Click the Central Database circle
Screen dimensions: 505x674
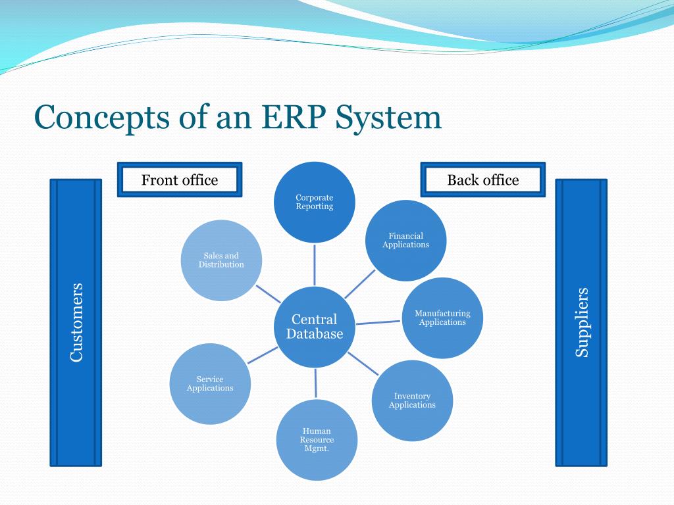[315, 326]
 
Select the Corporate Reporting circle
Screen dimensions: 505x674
[315, 202]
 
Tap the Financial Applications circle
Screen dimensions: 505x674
[406, 240]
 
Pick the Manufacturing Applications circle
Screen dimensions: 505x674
[442, 318]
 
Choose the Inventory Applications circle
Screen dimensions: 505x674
[412, 400]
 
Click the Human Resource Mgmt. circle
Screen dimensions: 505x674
[317, 440]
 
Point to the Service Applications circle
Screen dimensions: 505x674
[210, 383]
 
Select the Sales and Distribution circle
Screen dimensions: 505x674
[221, 260]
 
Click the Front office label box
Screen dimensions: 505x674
[180, 180]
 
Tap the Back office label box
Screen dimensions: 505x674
[483, 180]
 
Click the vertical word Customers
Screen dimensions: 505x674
[76, 322]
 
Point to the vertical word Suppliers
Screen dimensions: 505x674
[582, 322]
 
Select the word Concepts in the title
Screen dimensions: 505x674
[103, 118]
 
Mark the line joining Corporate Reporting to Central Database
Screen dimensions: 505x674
[315, 265]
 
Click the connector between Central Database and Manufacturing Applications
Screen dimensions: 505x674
[378, 322]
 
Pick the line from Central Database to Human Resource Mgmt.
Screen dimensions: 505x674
[316, 383]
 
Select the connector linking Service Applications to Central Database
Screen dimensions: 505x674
[263, 355]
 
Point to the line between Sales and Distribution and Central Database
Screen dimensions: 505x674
[268, 293]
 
